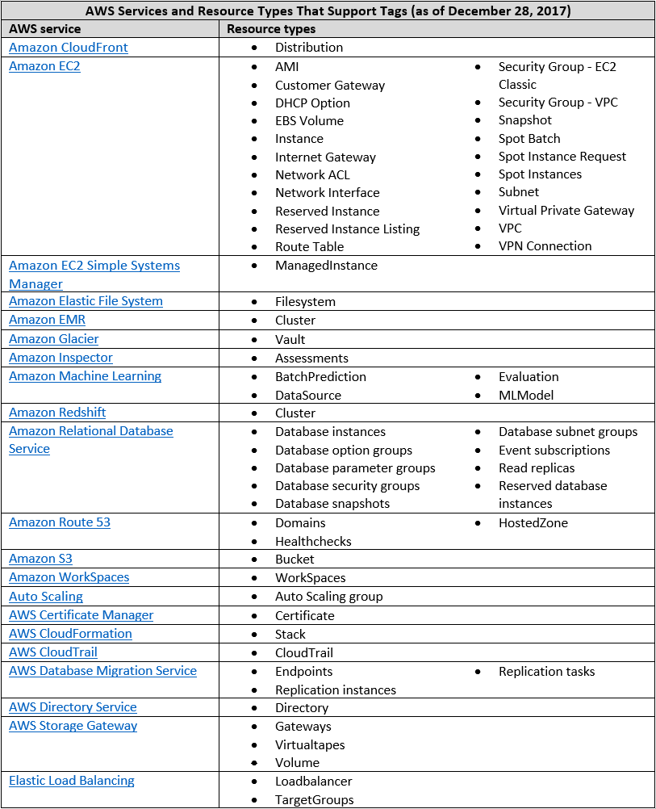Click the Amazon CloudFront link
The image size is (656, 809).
coord(69,48)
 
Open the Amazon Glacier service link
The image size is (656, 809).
coord(54,339)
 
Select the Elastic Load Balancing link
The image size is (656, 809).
coord(72,781)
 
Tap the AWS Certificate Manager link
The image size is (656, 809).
coord(81,615)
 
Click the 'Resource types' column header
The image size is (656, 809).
coord(271,29)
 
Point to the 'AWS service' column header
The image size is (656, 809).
coord(45,29)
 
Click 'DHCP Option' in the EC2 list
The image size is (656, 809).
coord(312,103)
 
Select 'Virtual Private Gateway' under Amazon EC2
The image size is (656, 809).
coord(566,211)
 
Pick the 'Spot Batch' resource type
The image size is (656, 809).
coord(529,139)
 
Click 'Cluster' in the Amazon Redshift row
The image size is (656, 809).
coord(295,413)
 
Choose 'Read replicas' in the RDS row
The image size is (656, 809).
coord(537,468)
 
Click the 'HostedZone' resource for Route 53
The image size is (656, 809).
coord(533,523)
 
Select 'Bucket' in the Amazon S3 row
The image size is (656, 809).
coord(295,560)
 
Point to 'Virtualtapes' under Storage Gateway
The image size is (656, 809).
coord(310,744)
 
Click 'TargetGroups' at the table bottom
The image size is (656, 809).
coord(314,800)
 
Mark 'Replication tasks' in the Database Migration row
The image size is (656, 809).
coord(546,672)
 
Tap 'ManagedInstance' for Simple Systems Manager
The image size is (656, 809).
coord(326,266)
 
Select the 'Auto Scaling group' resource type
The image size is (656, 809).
coord(328,597)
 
